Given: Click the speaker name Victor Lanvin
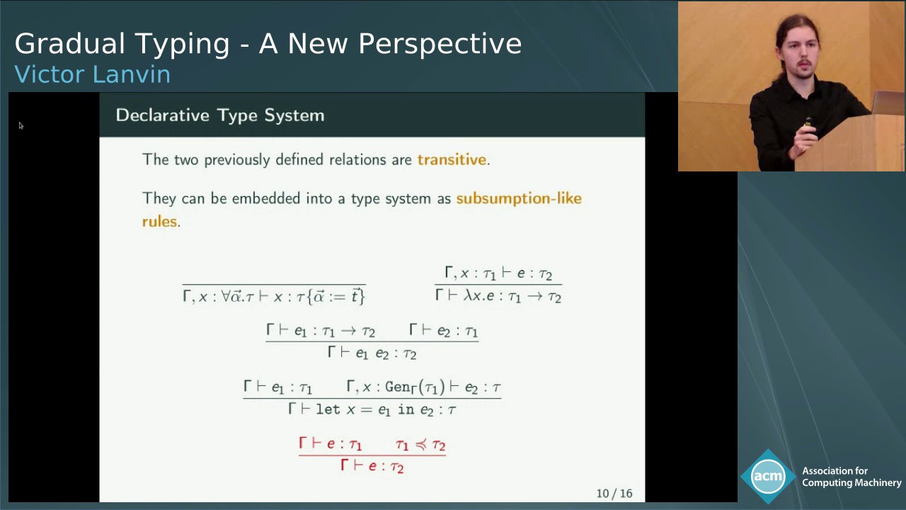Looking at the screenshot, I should coord(92,74).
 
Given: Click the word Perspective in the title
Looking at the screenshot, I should coord(440,45).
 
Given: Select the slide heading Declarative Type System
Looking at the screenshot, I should coord(219,115).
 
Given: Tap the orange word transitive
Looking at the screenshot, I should coord(452,160).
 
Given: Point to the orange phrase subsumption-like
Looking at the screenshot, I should coord(518,198).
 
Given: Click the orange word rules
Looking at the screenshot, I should coord(159,222).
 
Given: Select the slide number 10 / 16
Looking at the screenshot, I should coord(614,493).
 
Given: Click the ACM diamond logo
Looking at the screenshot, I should coord(768,477).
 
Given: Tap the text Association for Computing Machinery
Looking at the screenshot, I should coord(851,477).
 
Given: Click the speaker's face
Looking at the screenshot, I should coord(798,57).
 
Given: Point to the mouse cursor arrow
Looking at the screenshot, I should coord(21,125).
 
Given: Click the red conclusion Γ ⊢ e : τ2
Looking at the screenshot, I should coord(372,466).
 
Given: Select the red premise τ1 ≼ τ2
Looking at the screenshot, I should coord(420,445).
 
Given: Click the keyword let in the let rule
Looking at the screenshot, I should coord(328,409).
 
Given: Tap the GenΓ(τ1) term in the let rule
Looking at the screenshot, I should coord(415,387).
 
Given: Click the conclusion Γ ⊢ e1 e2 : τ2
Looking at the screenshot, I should coord(372,353).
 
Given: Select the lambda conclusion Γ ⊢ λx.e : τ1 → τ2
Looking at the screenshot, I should coord(498,297).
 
